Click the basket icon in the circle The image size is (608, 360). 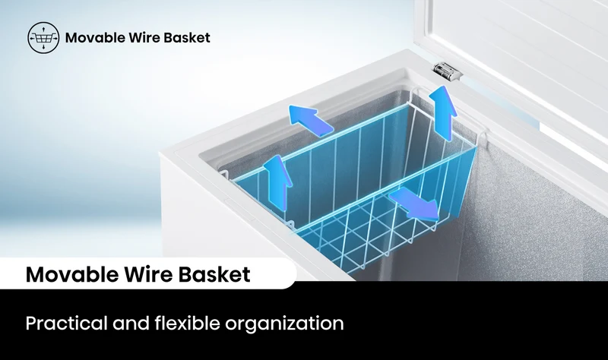point(43,37)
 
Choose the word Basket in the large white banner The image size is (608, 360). point(214,274)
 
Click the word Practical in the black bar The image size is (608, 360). point(66,324)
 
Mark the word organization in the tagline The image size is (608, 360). point(284,324)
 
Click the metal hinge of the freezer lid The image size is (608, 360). point(448,71)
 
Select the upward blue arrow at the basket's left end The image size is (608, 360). point(277,182)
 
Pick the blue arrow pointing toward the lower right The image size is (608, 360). point(415,204)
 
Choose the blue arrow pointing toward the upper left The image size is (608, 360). point(310,120)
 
